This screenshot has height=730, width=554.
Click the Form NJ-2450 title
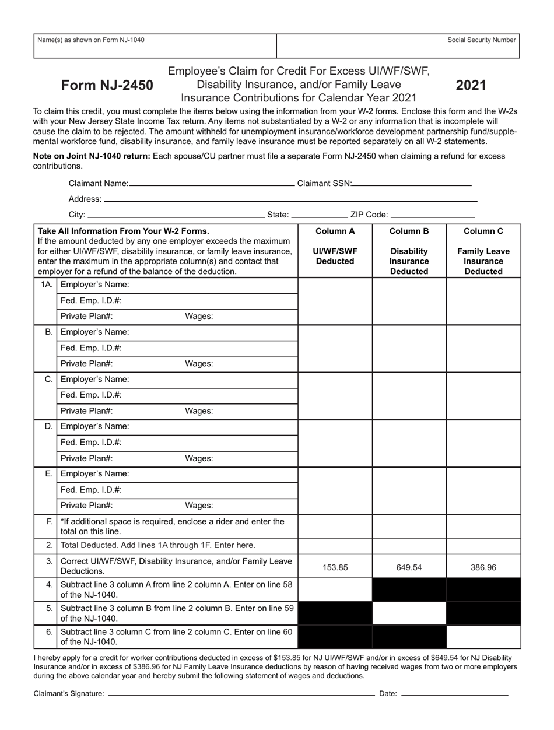coord(107,86)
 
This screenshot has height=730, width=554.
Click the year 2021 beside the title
coord(471,85)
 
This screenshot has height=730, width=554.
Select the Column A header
coord(335,231)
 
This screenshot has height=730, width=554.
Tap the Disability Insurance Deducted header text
coord(409,261)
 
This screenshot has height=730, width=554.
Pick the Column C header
coord(483,231)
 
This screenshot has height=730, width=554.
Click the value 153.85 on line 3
coord(335,567)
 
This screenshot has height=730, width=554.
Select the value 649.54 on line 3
coord(409,567)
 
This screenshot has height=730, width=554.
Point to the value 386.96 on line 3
coord(483,567)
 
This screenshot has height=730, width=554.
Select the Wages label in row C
coord(199,411)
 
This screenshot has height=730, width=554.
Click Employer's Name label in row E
coord(95,473)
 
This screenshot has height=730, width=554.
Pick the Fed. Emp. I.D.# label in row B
coord(91,348)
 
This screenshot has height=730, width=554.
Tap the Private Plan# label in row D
coord(87,458)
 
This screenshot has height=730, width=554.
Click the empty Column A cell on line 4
coord(335,589)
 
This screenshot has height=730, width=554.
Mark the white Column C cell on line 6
coord(483,637)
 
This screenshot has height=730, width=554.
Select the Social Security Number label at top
coord(481,40)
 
